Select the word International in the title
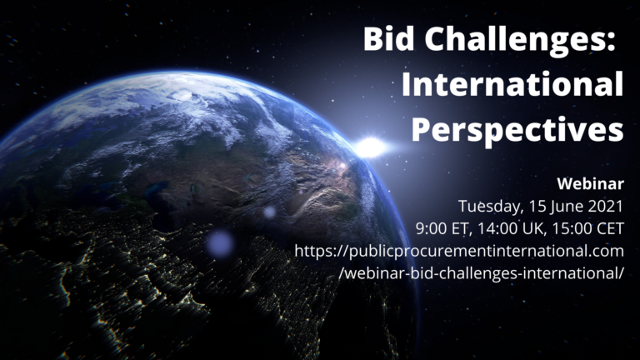pos(512,84)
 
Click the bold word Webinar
pos(591,183)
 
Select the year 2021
pos(605,206)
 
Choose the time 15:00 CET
pos(588,228)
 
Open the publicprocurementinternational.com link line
pos(459,252)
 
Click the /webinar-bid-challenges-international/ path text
pos(481,273)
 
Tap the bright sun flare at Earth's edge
pos(370,147)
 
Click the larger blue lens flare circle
pos(220,243)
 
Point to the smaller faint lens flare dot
pos(269,212)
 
